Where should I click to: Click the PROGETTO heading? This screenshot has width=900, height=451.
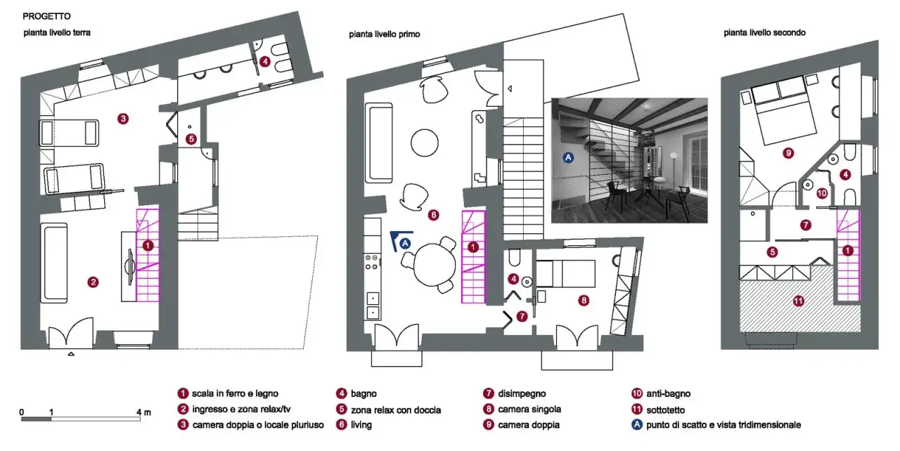tap(46, 16)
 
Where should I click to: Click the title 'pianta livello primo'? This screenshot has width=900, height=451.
tap(385, 34)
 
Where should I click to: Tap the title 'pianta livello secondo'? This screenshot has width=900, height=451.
tap(764, 33)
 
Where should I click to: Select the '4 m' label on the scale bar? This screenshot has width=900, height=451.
tap(143, 412)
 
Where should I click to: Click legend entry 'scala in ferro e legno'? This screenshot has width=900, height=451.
tap(235, 393)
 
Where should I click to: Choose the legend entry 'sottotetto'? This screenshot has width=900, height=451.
tap(665, 410)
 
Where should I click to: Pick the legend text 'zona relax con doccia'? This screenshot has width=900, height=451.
tap(396, 410)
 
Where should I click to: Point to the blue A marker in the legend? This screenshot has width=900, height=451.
tap(637, 424)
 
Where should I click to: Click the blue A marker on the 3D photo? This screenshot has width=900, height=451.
tap(568, 157)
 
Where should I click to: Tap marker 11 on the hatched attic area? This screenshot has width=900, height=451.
tap(798, 301)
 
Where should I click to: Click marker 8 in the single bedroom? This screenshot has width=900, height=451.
tap(584, 301)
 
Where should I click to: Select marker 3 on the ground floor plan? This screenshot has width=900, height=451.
tap(123, 119)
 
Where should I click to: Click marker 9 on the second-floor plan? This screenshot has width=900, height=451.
tap(788, 153)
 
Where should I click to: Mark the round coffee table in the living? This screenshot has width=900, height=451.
tap(424, 143)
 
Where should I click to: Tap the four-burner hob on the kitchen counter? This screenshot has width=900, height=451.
tap(372, 261)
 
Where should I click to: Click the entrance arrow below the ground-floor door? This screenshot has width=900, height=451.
tap(71, 354)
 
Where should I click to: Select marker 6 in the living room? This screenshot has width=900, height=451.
tap(433, 215)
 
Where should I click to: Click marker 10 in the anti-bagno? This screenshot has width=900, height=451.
tap(822, 193)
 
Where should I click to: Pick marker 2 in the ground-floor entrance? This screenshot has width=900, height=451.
tap(93, 282)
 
